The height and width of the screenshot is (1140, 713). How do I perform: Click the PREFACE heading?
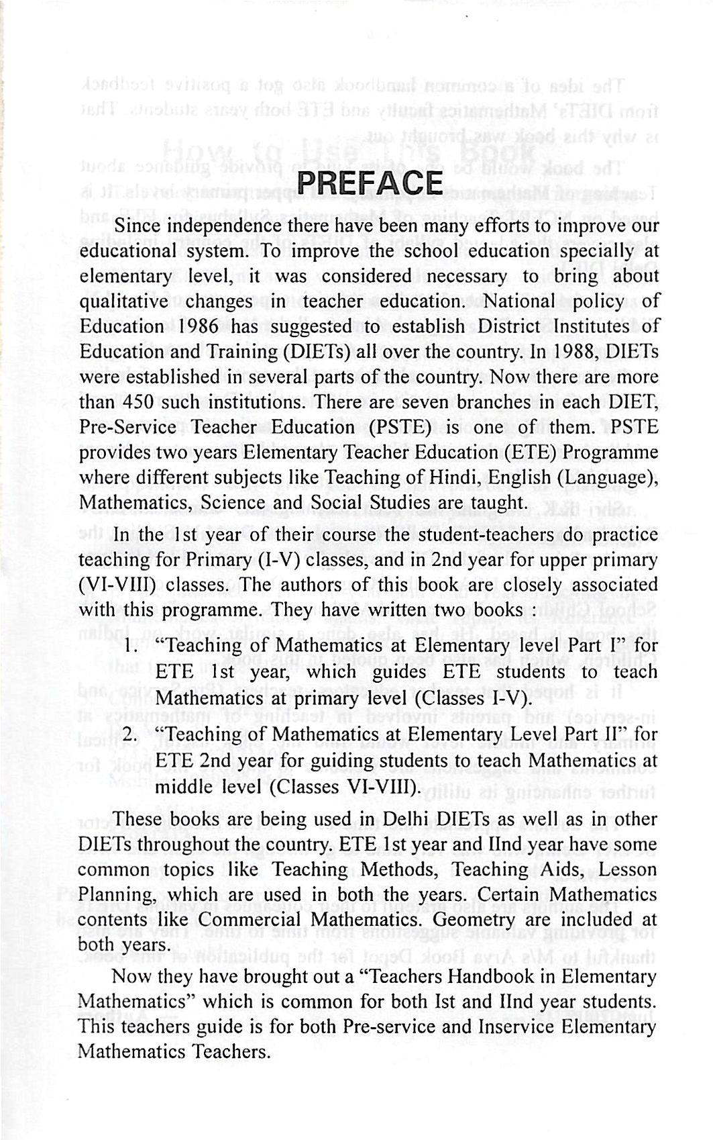click(370, 184)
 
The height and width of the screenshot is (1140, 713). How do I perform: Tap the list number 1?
click(131, 647)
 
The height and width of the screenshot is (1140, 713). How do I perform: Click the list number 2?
click(131, 736)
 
